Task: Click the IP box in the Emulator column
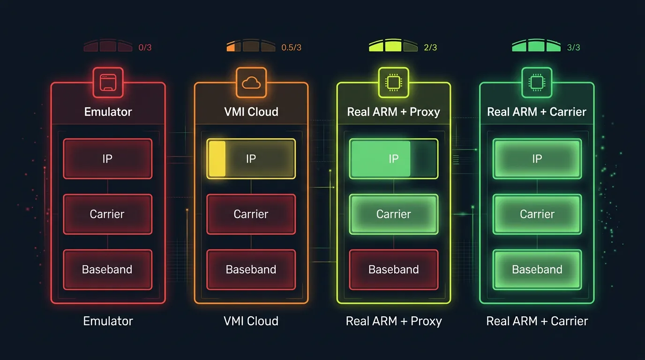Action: pos(107,158)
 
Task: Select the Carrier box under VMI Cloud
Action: pos(251,214)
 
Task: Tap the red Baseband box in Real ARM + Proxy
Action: pos(393,270)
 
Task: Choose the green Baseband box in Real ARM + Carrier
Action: pos(537,270)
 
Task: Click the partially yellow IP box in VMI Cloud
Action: pos(251,158)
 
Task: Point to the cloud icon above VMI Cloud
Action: pos(251,82)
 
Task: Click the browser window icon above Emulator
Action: pos(108,82)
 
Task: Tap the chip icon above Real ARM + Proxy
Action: pos(393,82)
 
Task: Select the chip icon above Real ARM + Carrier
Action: pos(537,82)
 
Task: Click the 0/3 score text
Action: pos(145,48)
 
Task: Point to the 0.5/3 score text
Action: pos(291,48)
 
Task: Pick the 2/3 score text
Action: pos(430,48)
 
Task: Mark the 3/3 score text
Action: pos(573,48)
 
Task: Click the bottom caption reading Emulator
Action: pos(108,321)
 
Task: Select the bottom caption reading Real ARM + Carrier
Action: pos(537,321)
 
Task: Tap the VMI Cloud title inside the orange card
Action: pos(251,112)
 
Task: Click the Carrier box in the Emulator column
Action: pos(107,214)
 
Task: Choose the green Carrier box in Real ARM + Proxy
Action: pos(393,214)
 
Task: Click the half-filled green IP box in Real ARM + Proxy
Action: pos(393,158)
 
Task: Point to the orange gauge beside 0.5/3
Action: pos(250,46)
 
